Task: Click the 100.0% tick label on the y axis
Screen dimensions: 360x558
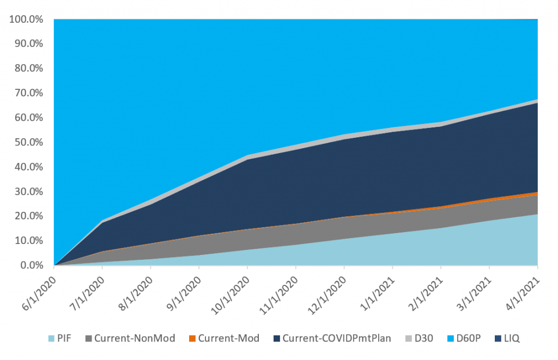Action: pyautogui.click(x=27, y=20)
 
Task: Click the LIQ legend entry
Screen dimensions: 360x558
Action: pyautogui.click(x=511, y=339)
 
